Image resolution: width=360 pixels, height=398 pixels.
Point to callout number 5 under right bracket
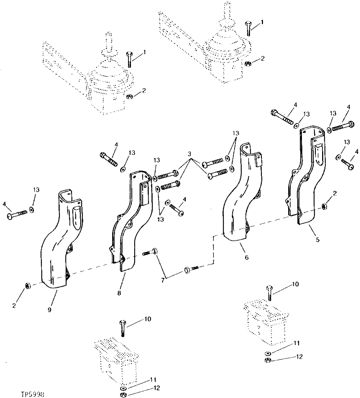pos(317,239)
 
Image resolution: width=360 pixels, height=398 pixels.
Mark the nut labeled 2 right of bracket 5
pos(324,207)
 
